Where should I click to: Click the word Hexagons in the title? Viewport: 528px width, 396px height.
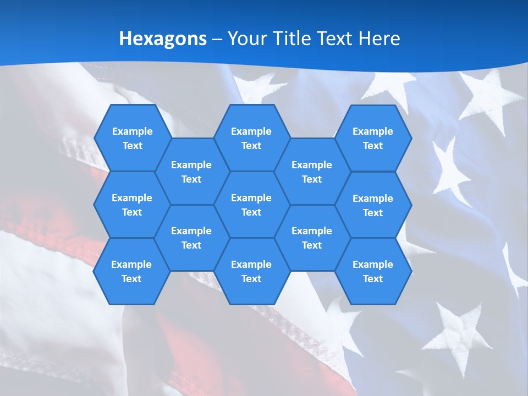click(x=163, y=38)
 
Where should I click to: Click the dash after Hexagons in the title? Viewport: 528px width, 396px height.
click(x=217, y=39)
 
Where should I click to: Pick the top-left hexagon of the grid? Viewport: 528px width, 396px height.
click(x=132, y=138)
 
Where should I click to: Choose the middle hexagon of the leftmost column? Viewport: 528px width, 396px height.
click(x=132, y=205)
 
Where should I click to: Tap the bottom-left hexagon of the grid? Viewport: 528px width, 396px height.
click(x=131, y=271)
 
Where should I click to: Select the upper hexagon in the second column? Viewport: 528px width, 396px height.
click(x=191, y=172)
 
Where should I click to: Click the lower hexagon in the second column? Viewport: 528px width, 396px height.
click(x=191, y=238)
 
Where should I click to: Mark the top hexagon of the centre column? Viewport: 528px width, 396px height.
click(x=251, y=138)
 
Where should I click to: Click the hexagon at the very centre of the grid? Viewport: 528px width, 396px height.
click(x=251, y=205)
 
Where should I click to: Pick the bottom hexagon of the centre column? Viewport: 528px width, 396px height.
click(x=251, y=271)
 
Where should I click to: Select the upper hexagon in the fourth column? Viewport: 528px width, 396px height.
click(x=312, y=172)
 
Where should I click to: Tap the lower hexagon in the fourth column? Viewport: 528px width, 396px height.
click(x=312, y=238)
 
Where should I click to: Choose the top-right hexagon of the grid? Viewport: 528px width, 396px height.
click(x=373, y=138)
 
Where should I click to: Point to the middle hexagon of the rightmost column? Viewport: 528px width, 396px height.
click(x=373, y=205)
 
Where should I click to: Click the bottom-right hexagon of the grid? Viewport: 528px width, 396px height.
click(x=373, y=271)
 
